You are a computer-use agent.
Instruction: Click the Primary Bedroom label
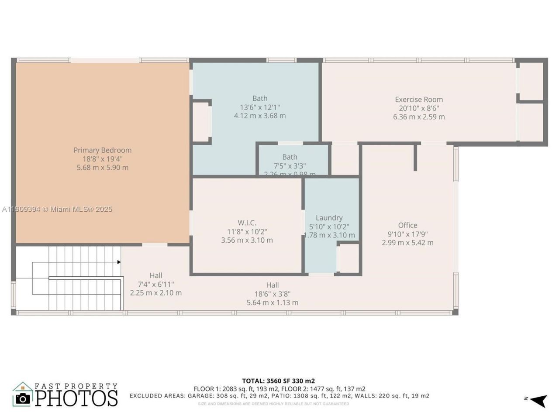(x=102, y=150)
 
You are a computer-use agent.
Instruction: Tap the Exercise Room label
(x=419, y=100)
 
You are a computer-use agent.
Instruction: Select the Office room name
(x=407, y=225)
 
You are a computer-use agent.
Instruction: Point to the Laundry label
(x=329, y=218)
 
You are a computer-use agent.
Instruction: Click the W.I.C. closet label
(x=247, y=223)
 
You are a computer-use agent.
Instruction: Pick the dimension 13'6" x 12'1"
(x=260, y=107)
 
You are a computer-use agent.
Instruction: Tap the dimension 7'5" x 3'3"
(x=290, y=166)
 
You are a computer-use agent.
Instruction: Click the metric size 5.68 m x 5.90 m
(x=102, y=168)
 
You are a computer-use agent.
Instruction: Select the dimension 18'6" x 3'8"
(x=273, y=294)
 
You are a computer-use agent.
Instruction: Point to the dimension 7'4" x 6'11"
(x=155, y=284)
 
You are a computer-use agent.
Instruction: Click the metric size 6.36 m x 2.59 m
(x=419, y=117)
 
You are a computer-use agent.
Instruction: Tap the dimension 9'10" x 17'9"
(x=407, y=234)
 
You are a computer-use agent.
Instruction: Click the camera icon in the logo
(x=23, y=398)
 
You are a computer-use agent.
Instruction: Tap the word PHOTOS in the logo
(x=76, y=398)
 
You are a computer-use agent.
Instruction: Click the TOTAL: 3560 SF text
(x=278, y=381)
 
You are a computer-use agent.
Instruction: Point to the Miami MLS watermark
(x=57, y=209)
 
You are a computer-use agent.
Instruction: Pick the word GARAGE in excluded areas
(x=200, y=396)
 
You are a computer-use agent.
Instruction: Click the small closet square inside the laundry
(x=349, y=258)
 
